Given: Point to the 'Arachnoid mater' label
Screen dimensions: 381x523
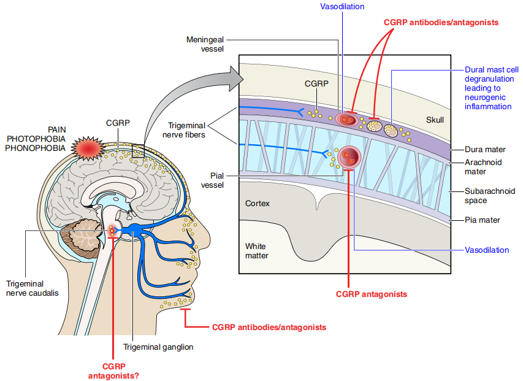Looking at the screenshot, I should tap(482, 167).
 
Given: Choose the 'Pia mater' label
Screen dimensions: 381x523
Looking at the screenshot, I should tap(482, 220).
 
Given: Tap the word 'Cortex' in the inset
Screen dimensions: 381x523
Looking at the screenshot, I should tap(258, 202).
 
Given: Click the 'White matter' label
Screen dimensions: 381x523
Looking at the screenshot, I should tap(256, 251).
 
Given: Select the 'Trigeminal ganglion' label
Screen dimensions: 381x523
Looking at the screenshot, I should tap(158, 347).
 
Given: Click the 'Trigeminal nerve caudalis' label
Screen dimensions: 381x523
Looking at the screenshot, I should tap(32, 288).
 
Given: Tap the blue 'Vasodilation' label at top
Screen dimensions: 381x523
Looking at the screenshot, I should tap(342, 6).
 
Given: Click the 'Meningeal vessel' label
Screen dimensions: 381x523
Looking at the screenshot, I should tap(205, 44).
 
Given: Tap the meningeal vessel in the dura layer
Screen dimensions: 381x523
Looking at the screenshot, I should tap(346, 118).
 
